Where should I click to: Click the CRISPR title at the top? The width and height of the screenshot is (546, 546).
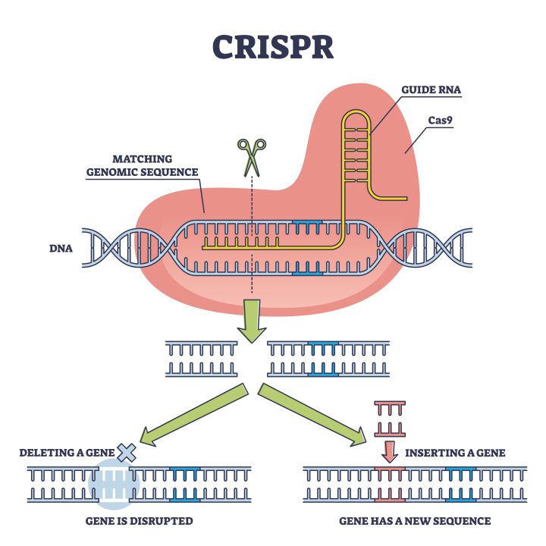(x=272, y=46)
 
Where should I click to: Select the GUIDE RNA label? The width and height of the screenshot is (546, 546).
(x=431, y=90)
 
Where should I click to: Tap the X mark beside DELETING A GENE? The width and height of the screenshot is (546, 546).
(x=127, y=453)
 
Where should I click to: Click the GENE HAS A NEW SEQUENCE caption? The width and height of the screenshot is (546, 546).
(x=415, y=521)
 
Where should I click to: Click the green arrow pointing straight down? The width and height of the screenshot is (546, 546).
(x=251, y=318)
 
